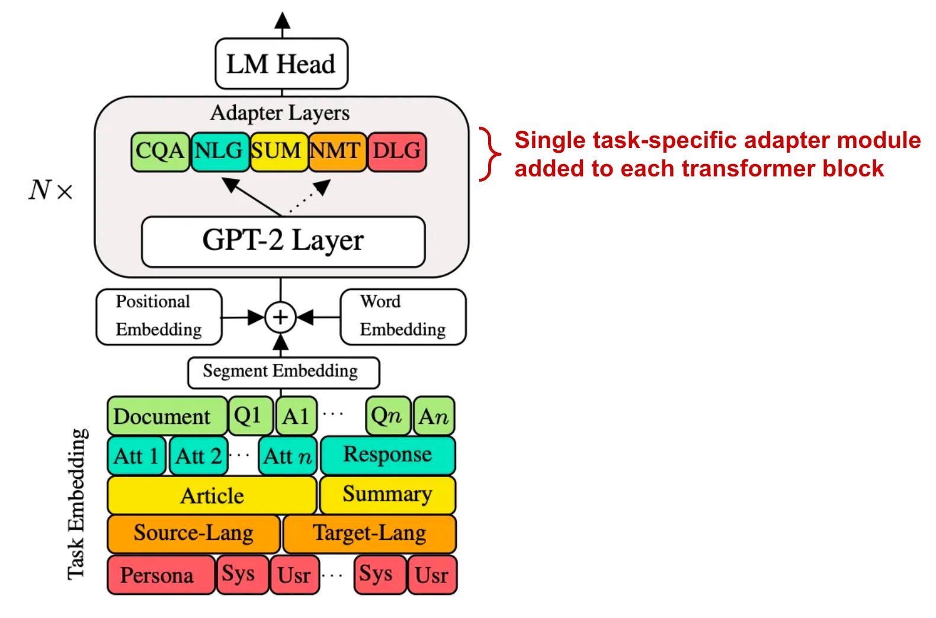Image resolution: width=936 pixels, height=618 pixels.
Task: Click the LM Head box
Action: pos(281,64)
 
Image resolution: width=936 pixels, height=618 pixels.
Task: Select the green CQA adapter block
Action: pos(160,152)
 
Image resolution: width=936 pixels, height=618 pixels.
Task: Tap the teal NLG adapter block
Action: pos(219,152)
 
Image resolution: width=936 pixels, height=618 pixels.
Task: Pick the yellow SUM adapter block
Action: pos(278,152)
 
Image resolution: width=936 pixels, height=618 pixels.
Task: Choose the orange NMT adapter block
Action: pos(336,152)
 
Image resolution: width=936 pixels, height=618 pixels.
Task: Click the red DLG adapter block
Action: pos(396,152)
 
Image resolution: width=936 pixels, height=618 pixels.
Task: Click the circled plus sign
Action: pos(280,317)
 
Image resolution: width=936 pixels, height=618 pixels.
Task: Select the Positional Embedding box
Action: pos(159,316)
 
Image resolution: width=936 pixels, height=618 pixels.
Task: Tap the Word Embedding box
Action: pos(403,316)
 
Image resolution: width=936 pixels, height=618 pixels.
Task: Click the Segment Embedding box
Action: pos(283,372)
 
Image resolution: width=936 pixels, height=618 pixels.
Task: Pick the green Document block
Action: pos(167,416)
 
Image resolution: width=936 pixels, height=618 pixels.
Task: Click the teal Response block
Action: pos(387,455)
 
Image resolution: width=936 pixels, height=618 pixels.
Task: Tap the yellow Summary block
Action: pos(387,494)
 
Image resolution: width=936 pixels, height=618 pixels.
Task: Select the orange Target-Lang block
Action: pos(369,533)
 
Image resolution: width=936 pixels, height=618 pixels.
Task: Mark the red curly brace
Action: pos(489,154)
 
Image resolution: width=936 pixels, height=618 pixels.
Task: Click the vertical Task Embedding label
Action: pos(77,503)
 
